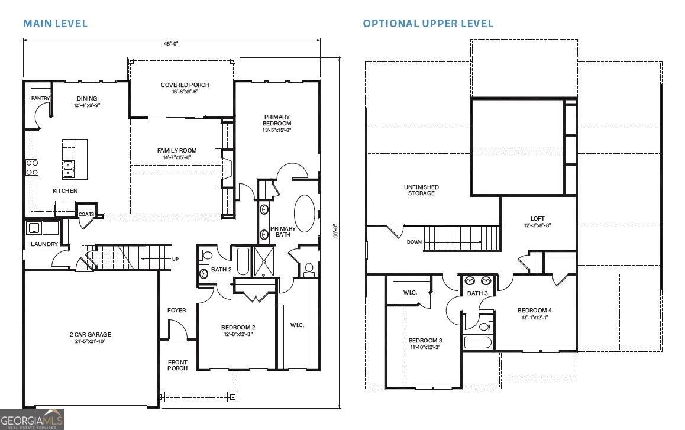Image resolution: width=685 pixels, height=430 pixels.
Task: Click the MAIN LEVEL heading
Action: tap(55, 24)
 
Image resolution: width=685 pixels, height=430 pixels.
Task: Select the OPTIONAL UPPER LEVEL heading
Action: tap(428, 24)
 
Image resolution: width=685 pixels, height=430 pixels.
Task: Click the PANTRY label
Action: tap(41, 98)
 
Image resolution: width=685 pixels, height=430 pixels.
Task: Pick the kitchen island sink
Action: tap(68, 169)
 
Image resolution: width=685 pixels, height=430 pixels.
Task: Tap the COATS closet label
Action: tap(86, 215)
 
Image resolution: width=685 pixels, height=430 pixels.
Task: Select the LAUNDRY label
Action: tap(44, 244)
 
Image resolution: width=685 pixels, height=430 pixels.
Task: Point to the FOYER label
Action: tap(176, 311)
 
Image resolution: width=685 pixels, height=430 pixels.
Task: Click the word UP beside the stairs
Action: tap(175, 260)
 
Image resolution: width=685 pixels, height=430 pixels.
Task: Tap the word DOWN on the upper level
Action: tap(414, 242)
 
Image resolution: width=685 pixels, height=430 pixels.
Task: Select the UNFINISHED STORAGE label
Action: tap(421, 190)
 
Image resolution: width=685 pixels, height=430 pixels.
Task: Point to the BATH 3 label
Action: tap(477, 293)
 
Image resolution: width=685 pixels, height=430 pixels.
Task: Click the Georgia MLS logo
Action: tap(32, 419)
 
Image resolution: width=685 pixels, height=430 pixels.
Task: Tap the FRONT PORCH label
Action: tap(177, 365)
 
